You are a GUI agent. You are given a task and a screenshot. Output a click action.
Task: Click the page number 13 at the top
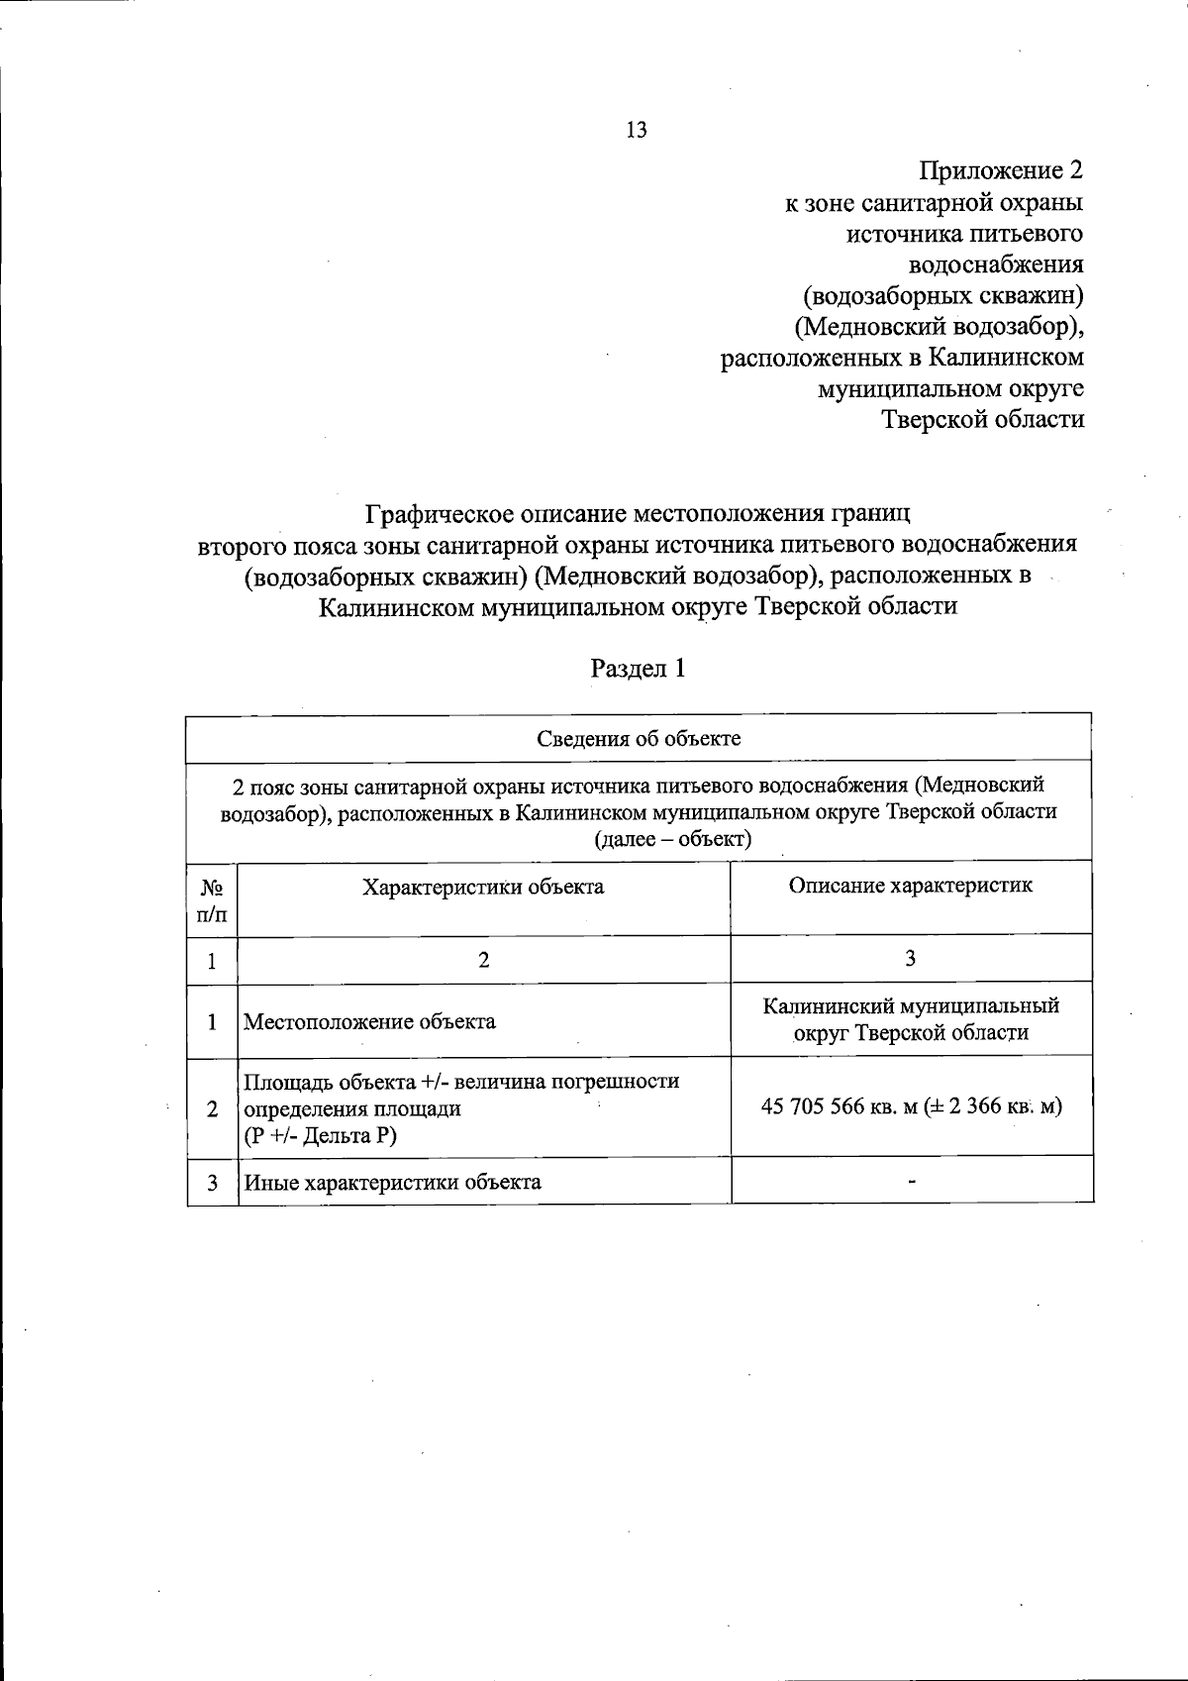click(637, 130)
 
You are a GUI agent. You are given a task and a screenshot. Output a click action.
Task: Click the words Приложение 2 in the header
click(1001, 170)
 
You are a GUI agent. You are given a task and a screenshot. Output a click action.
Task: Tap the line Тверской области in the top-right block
click(983, 419)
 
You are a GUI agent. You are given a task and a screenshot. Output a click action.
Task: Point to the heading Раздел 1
click(639, 669)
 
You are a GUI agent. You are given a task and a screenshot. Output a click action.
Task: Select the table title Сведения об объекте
click(639, 739)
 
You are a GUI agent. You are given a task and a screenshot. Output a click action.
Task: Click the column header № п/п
click(212, 899)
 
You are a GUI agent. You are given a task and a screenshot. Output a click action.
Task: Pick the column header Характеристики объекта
click(483, 887)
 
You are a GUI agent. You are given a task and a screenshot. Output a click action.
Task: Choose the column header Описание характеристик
click(910, 886)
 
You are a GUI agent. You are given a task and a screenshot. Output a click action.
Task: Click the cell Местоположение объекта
click(369, 1021)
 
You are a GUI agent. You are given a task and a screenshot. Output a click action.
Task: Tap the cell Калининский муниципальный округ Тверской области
click(911, 1019)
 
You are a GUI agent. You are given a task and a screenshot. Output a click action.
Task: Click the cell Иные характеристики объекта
click(392, 1182)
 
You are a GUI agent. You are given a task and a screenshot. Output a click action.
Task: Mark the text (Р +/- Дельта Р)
click(320, 1135)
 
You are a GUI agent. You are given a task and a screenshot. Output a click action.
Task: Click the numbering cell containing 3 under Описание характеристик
click(911, 958)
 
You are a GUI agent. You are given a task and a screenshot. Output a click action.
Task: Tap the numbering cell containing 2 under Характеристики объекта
click(484, 960)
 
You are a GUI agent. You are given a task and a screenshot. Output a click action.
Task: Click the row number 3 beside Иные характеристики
click(212, 1182)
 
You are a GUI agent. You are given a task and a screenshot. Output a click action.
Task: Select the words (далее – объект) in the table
click(672, 840)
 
